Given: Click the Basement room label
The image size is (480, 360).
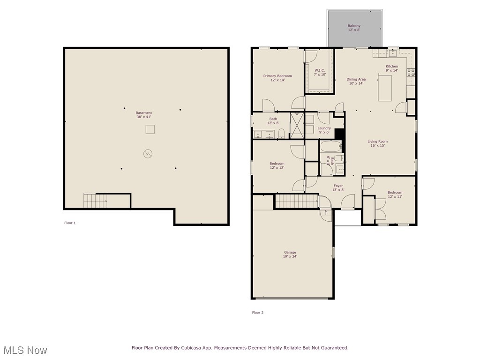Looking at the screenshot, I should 144,115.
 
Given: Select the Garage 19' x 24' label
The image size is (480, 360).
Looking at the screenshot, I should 290,255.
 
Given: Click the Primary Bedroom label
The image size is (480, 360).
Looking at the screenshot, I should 277,78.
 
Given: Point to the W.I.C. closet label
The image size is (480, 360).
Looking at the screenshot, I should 320,72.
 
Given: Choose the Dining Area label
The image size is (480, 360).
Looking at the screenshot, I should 356,82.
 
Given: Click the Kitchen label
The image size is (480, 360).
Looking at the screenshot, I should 391,68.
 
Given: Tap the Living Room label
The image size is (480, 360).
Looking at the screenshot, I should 377,143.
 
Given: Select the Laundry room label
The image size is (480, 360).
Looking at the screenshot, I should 324,130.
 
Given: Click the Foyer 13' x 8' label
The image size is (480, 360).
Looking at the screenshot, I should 338,188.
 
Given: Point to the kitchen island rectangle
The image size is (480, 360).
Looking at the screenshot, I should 385,88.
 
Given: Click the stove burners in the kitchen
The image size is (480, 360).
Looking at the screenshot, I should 411,73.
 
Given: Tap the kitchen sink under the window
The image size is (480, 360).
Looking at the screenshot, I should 393,53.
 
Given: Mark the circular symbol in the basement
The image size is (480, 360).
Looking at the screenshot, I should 149,153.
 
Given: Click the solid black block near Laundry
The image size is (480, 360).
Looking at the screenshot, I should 340,134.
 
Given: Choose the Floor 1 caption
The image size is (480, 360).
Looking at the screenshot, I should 70,223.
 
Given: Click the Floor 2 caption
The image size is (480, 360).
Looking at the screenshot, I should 258,313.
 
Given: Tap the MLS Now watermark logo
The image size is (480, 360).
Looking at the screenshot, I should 25,350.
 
